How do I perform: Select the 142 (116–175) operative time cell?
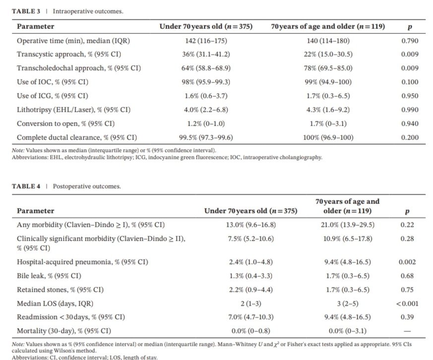tap(205, 41)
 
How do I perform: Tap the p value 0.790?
tap(409, 41)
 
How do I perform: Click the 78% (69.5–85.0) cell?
tap(328, 68)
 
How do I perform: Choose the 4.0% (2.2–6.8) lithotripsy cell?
tap(205, 110)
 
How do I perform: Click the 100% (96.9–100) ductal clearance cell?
tap(328, 137)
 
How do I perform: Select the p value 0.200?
tap(409, 137)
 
